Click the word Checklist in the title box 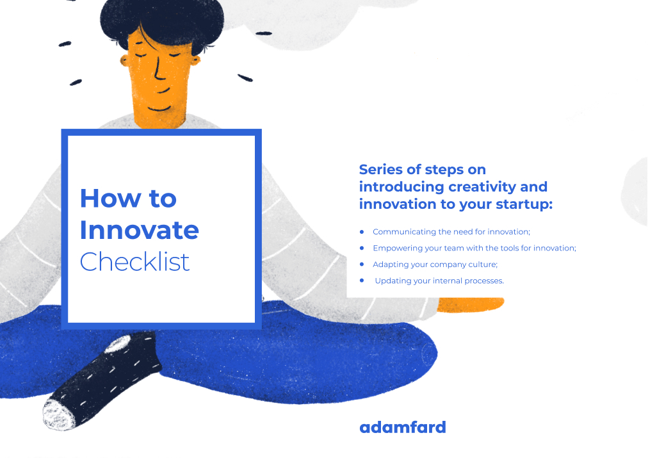pyautogui.click(x=134, y=261)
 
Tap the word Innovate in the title pyautogui.click(x=139, y=230)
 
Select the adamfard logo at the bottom pyautogui.click(x=402, y=427)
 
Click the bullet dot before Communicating pyautogui.click(x=362, y=231)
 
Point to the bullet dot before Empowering pyautogui.click(x=362, y=248)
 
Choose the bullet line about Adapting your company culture pyautogui.click(x=435, y=265)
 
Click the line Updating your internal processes pyautogui.click(x=439, y=281)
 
